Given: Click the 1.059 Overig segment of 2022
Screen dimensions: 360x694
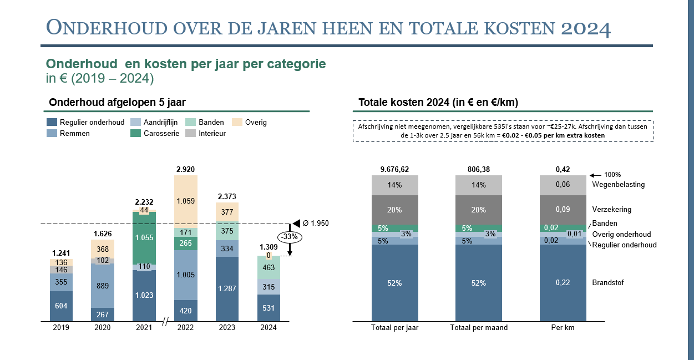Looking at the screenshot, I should coord(185,201).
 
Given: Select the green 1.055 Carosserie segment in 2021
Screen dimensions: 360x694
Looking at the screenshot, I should coord(144,237).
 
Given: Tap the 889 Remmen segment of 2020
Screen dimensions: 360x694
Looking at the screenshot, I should coord(103,286).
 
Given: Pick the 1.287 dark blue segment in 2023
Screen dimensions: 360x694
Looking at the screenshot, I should coord(227,289).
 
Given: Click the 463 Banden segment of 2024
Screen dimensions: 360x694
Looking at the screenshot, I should coord(269,267).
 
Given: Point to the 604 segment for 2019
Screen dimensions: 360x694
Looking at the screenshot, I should coord(61,306).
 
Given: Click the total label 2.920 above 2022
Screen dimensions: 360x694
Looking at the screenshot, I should coord(185,169).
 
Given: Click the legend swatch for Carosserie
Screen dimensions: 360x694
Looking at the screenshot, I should coord(135,133).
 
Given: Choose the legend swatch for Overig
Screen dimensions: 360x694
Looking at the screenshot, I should coord(236,122).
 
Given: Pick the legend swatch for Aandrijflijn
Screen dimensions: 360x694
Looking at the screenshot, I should coord(135,122).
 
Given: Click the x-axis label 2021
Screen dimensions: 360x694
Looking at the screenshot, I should coord(144,328).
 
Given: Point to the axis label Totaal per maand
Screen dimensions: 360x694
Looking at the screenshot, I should coord(478,328).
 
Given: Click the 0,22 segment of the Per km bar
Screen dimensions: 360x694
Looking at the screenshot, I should coord(563,283).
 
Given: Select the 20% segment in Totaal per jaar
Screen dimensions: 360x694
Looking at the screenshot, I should coord(395,210).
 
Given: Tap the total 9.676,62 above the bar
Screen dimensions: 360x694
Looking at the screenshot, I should coord(394,169).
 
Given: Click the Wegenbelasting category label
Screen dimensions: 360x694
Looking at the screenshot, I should coord(619,185).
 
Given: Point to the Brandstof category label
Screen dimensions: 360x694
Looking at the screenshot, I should coord(608,283).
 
